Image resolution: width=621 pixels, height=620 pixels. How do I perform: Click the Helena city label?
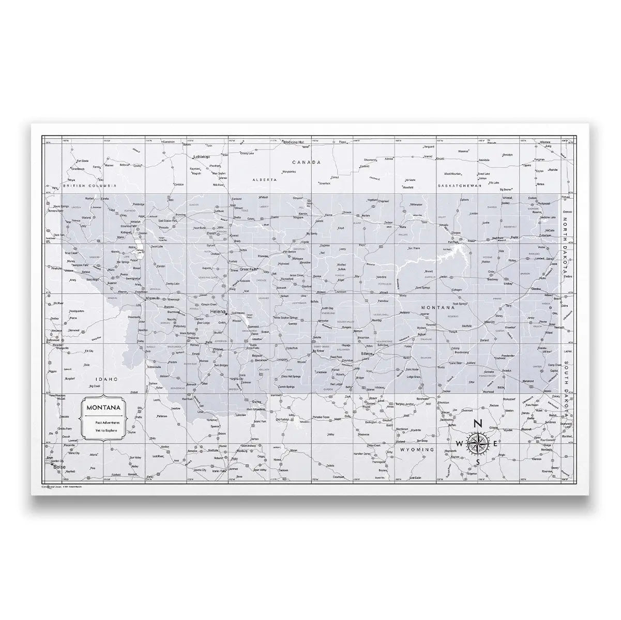point(217,313)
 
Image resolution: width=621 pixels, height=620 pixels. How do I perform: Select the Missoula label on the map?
point(153,299)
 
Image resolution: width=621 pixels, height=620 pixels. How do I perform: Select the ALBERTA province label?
point(261,179)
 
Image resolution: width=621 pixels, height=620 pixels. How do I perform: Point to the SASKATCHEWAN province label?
point(459,185)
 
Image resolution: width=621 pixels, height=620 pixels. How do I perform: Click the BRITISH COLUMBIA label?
point(88,185)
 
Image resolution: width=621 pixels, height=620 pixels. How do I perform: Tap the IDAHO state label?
point(103,379)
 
